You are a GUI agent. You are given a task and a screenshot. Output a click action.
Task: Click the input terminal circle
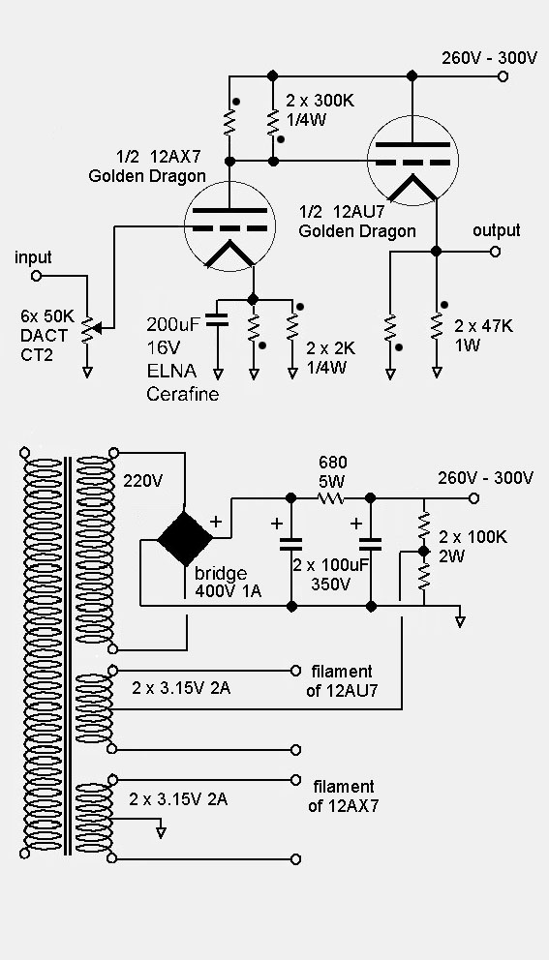coord(37,276)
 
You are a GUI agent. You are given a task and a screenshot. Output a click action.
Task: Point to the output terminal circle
coord(496,251)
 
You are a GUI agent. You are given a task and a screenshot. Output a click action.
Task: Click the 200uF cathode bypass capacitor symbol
coord(217,319)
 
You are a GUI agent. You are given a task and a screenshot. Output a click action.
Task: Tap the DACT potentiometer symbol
coord(87,331)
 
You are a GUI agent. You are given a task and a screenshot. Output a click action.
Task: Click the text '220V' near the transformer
coord(142,478)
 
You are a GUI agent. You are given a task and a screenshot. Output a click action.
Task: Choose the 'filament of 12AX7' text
coord(342,796)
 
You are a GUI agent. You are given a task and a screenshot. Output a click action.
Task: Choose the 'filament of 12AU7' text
coord(342,680)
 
